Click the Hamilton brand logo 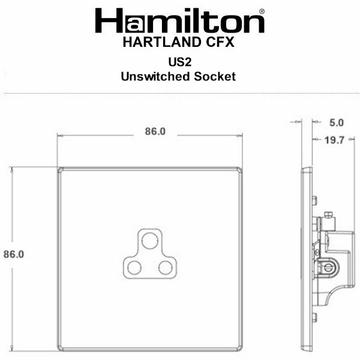pos(179,20)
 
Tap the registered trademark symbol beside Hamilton pos(262,11)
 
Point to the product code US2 pos(180,62)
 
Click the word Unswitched pos(155,76)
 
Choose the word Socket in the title pos(215,76)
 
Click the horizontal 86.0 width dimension pos(155,131)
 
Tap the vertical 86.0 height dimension pos(14,254)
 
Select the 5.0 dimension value pos(337,123)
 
